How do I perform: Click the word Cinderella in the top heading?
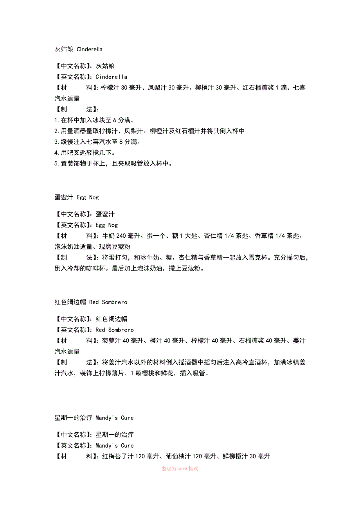click(x=90, y=49)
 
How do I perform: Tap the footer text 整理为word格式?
click(x=180, y=468)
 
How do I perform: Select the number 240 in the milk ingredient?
click(x=122, y=236)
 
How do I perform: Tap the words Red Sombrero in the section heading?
click(x=108, y=302)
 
